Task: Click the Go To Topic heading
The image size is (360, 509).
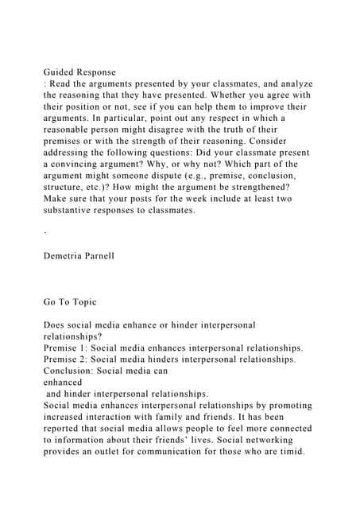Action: (x=78, y=302)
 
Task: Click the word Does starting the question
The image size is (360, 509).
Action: (x=58, y=324)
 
